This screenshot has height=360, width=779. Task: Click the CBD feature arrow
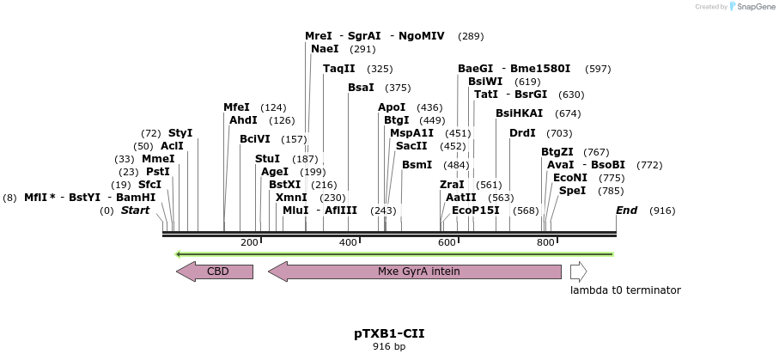point(216,272)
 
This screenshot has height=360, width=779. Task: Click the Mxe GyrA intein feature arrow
point(416,272)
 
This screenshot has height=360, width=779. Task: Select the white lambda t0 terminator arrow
point(578,272)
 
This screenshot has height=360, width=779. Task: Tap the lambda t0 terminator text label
point(624,290)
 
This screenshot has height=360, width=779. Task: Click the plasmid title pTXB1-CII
point(389,333)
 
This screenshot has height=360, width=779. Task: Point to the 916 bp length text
point(389,347)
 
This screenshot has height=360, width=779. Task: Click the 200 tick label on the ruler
point(249,243)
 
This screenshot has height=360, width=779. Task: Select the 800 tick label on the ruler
point(545,243)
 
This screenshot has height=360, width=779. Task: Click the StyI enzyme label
point(180,133)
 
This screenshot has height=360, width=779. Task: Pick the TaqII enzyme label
point(338,69)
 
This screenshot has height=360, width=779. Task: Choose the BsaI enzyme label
point(361,88)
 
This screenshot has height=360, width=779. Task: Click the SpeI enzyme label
point(572,191)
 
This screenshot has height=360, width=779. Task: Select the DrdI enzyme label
point(522,133)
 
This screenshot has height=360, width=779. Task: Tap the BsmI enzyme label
point(417,165)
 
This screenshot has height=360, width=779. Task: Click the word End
point(626,211)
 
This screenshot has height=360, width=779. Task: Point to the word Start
point(135,211)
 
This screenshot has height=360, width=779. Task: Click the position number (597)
point(598,69)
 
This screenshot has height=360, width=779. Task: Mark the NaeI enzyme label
point(325,50)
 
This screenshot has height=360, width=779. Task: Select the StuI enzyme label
point(267,159)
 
